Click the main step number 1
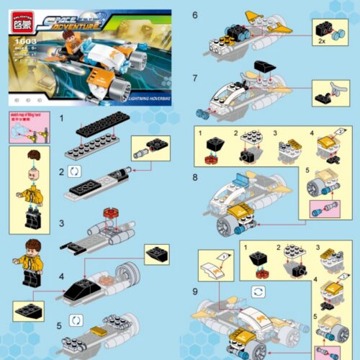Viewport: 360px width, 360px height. pos(63,117)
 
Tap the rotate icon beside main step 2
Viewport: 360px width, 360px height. pos(77,173)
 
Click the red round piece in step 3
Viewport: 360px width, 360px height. pos(110,214)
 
